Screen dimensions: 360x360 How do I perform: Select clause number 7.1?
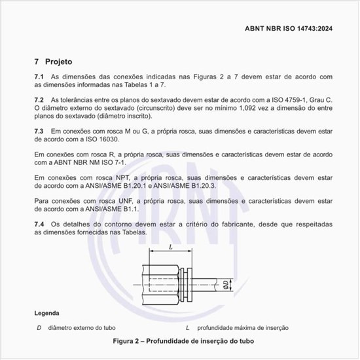[39, 77]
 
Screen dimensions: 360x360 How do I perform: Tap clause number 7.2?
[39, 99]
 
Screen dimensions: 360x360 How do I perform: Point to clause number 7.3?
[39, 131]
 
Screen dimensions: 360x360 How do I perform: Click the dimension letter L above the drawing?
[170, 247]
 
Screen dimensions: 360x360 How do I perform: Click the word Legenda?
[47, 313]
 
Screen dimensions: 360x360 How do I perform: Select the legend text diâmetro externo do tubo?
[79, 327]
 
